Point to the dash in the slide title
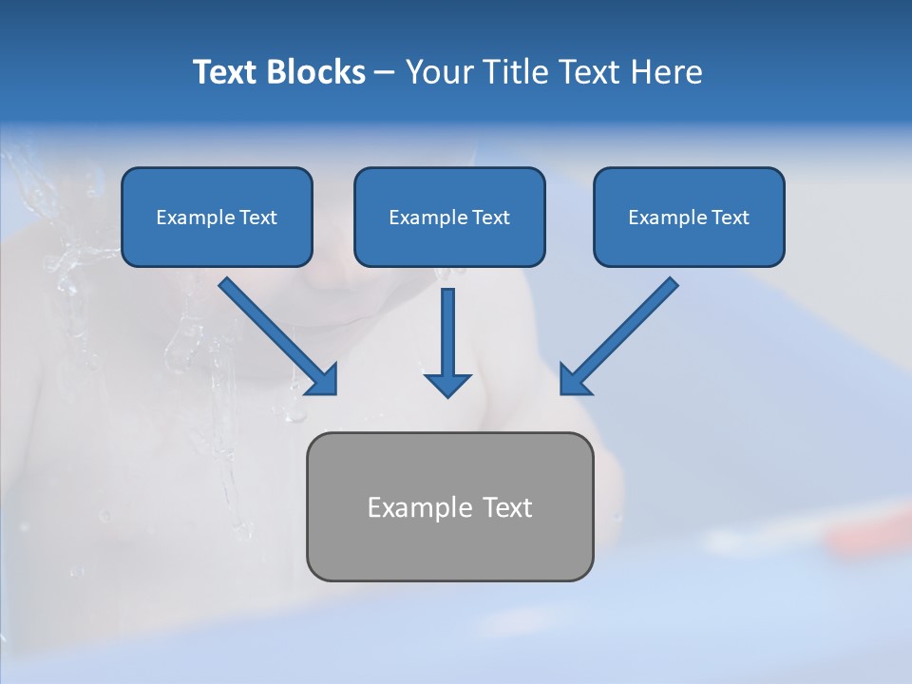tap(385, 73)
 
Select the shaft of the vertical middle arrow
tap(447, 328)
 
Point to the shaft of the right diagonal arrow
tap(632, 323)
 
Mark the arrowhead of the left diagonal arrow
tap(323, 380)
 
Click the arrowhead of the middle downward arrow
tap(447, 384)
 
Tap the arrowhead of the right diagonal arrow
tap(575, 380)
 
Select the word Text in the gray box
tap(507, 507)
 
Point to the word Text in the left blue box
tap(258, 218)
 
